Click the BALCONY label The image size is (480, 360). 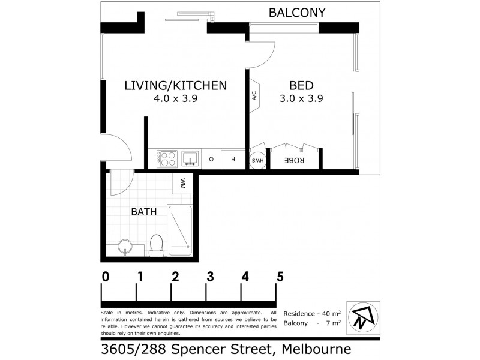[x=297, y=12]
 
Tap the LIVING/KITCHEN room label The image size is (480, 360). [x=175, y=85]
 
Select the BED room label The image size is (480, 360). [x=301, y=85]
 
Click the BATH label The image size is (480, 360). [x=144, y=211]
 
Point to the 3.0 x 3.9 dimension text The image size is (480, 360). [x=301, y=100]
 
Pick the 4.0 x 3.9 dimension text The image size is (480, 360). [x=175, y=100]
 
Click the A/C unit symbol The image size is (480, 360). [x=254, y=95]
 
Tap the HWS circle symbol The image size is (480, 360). [x=257, y=160]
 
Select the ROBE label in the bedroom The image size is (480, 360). [x=295, y=160]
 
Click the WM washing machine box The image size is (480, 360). [x=182, y=183]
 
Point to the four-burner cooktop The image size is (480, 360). [x=166, y=159]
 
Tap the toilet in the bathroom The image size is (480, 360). [x=155, y=245]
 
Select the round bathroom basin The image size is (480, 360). [x=125, y=247]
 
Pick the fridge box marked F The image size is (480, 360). [x=233, y=160]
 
